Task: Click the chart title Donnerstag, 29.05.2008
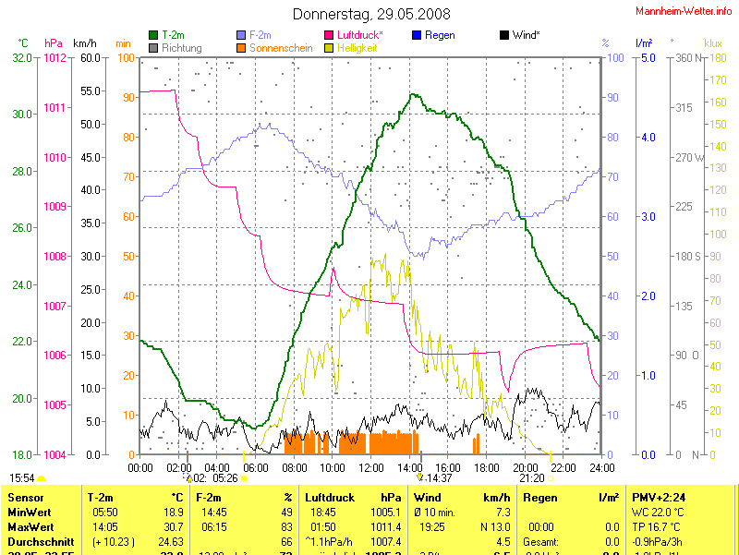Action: [372, 14]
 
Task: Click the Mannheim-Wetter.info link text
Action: [684, 11]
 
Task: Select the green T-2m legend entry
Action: [173, 35]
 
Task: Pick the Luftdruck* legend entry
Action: [360, 35]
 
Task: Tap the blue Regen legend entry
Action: [440, 35]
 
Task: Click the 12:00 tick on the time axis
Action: [370, 467]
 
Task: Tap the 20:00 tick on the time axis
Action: [525, 467]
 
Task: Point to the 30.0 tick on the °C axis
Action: [18, 115]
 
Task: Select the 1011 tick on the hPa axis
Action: [55, 108]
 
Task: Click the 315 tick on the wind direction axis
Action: [684, 108]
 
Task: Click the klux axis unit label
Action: [712, 43]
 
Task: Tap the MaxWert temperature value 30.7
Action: [173, 526]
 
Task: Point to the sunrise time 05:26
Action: [225, 478]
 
